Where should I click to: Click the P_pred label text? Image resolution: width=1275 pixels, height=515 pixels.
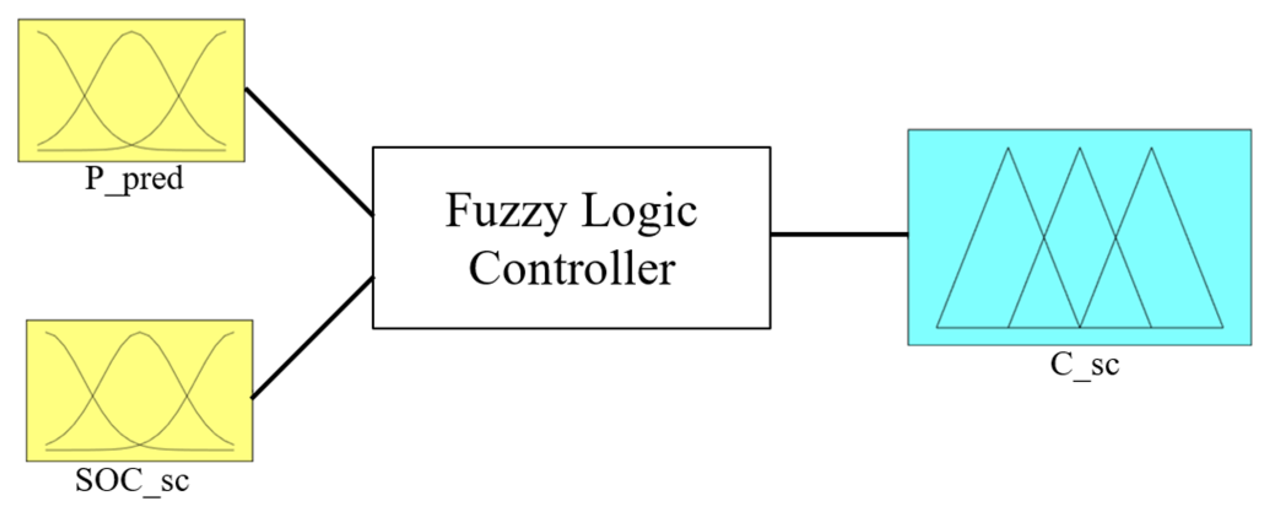134,179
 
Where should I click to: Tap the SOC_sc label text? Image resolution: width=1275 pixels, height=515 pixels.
132,480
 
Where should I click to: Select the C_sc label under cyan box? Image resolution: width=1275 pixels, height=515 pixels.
1084,365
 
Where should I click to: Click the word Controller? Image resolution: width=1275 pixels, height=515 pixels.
572,269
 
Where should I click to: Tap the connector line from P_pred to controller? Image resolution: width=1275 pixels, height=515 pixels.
308,151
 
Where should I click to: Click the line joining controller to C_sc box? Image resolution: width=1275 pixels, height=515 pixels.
838,234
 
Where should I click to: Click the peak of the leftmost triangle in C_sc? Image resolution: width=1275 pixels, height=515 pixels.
1008,148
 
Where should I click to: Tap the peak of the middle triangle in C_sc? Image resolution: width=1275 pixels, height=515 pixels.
1080,148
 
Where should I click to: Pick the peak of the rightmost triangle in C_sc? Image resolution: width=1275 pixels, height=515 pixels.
1151,148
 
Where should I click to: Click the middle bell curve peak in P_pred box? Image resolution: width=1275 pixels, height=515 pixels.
131,32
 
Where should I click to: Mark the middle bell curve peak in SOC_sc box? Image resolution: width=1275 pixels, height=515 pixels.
139,333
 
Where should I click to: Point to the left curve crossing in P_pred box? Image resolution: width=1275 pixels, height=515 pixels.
83,97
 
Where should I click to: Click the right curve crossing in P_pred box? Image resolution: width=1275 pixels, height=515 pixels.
179,97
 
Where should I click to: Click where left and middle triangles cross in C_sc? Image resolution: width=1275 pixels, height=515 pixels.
1044,237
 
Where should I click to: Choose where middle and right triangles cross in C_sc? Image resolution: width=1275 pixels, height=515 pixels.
1116,237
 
